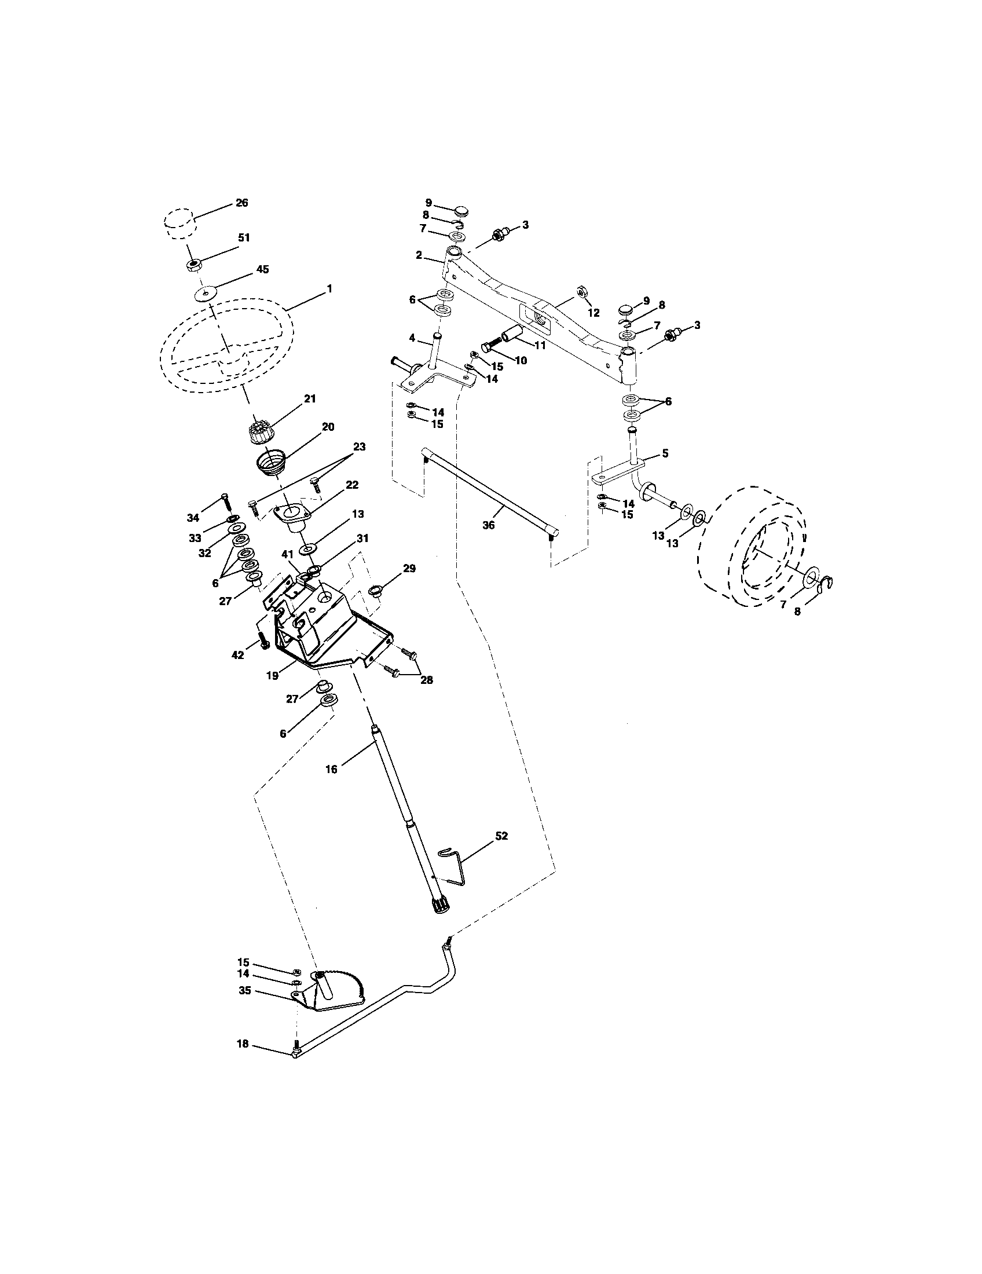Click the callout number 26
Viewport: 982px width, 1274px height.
(241, 203)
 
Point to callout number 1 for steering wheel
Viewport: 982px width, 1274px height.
(329, 289)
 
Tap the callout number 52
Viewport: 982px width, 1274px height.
(501, 836)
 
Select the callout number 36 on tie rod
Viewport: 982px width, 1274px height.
(489, 525)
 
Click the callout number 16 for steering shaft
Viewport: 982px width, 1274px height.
(331, 770)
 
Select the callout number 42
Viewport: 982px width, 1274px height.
(237, 655)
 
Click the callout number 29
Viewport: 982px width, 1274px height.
(409, 568)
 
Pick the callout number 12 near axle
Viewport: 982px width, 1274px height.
(593, 313)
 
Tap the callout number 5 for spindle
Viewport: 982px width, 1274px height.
(665, 453)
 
